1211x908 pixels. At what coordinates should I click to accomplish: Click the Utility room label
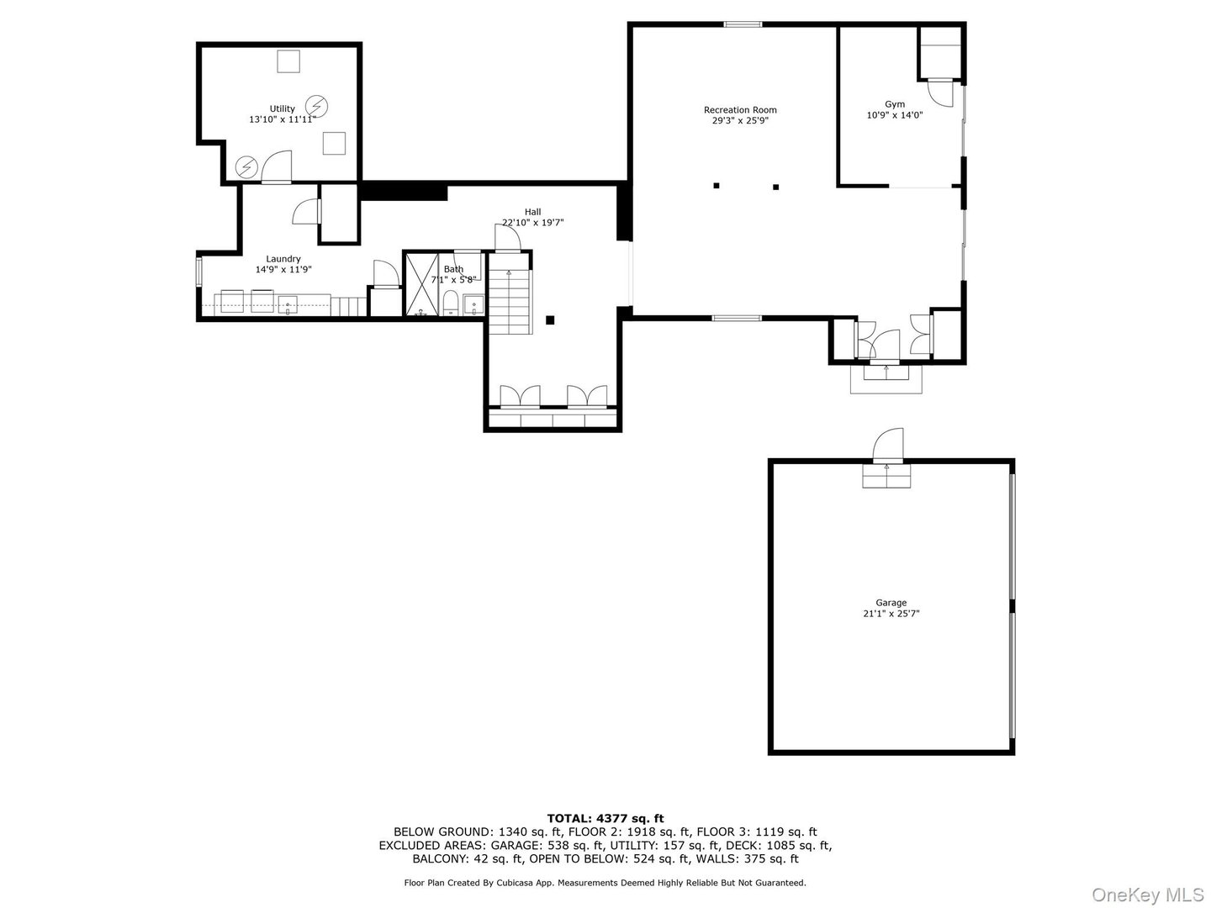282,108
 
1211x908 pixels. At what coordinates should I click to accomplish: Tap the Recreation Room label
740,110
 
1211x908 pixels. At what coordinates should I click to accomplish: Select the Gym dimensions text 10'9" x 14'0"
895,115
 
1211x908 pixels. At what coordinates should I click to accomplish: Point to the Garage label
891,603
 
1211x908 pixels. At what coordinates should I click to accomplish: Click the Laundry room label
283,259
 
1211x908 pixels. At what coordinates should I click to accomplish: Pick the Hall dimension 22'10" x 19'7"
532,223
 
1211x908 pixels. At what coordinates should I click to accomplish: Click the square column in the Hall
550,319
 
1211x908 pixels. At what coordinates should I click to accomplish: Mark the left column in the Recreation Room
717,186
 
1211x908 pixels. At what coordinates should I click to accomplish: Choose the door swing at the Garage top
888,445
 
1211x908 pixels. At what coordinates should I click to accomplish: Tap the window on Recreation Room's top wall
743,24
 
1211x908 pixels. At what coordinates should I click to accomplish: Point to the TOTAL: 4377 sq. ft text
605,818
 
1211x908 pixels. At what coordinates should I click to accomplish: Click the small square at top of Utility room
288,61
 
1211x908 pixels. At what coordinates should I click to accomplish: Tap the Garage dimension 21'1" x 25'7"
891,614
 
